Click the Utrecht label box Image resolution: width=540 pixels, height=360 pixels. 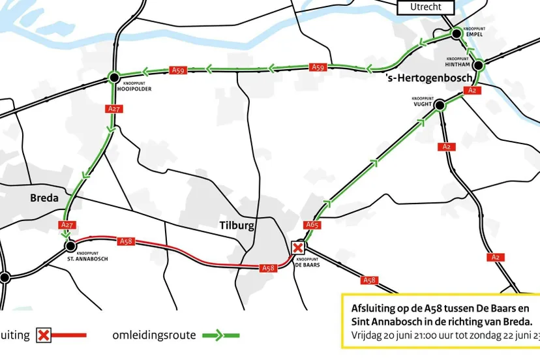tap(426, 7)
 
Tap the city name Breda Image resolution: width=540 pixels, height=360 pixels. tap(44, 198)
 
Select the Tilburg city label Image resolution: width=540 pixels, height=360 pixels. tap(235, 226)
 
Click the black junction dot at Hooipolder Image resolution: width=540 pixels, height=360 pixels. tap(113, 77)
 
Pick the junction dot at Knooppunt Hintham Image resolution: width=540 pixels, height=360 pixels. tap(478, 65)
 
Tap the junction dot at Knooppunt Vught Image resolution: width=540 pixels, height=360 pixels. tap(439, 104)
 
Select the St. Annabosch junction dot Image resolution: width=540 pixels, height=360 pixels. tap(70, 246)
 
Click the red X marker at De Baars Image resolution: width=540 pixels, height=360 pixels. tap(298, 248)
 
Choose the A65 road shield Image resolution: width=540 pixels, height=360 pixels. tap(312, 226)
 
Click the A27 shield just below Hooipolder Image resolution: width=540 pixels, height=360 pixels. tap(113, 109)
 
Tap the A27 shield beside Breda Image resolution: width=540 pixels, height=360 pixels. tap(67, 225)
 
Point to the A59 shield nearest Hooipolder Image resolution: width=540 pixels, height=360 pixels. tap(177, 70)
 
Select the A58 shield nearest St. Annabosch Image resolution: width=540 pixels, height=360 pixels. tap(126, 241)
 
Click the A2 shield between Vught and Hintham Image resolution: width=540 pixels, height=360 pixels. tap(474, 91)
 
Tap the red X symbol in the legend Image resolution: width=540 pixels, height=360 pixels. tap(44, 336)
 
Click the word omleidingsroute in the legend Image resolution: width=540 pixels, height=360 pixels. tap(154, 335)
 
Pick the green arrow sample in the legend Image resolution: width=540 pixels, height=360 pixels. tap(220, 335)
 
